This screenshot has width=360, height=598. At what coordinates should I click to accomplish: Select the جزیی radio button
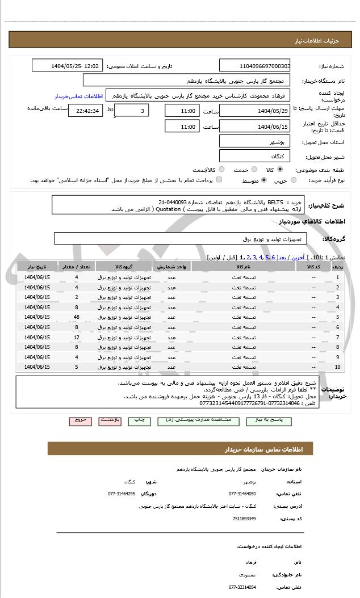point(293,180)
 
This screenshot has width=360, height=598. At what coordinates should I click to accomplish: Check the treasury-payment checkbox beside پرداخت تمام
point(219,180)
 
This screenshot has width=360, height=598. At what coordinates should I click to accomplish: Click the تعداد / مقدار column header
point(77,267)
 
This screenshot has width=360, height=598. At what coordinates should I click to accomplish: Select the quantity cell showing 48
point(77,317)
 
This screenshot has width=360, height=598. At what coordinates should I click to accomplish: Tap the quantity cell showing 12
point(77,338)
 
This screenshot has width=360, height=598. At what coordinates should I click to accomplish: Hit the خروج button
point(80,421)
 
